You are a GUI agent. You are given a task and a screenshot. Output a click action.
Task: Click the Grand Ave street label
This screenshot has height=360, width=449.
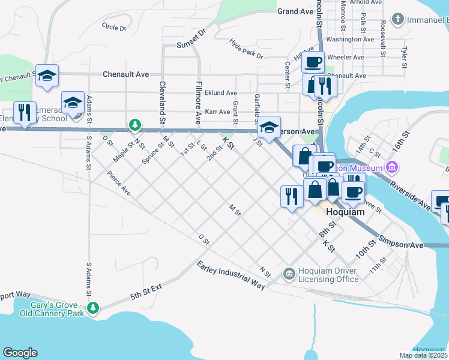click(295, 11)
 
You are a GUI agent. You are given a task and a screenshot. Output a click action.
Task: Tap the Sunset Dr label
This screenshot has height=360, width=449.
click(191, 45)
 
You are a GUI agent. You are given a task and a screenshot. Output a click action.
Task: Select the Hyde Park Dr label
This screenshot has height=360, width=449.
click(246, 49)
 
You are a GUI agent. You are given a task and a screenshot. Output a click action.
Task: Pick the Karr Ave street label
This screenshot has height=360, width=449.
click(217, 112)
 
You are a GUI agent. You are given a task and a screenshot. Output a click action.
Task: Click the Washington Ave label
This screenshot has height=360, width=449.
click(351, 40)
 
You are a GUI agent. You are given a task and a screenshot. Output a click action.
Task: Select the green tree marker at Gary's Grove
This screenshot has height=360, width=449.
click(92, 308)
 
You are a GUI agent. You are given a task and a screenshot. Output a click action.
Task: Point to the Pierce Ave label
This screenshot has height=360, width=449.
click(119, 184)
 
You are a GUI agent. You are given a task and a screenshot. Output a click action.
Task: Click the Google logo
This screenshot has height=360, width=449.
click(20, 353)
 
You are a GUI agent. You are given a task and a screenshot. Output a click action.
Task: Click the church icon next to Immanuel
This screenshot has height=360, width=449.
click(398, 20)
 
